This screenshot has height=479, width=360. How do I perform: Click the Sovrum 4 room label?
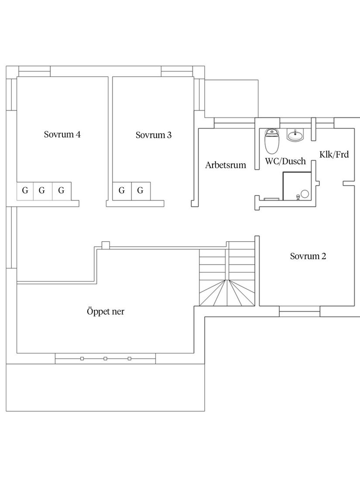click(62, 134)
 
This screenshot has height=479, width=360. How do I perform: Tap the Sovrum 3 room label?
click(154, 135)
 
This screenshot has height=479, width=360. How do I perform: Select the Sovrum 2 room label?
click(308, 256)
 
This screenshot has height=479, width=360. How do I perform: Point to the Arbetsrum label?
click(226, 165)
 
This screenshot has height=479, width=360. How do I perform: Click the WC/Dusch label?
click(285, 161)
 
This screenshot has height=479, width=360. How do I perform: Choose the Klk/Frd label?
click(334, 154)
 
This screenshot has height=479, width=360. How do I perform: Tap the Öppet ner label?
click(106, 311)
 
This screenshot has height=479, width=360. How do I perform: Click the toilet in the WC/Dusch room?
click(272, 141)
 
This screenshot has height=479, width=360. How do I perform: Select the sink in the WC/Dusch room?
click(295, 135)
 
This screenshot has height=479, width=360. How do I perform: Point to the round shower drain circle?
click(305, 193)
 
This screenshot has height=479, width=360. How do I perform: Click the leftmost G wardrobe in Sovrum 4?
click(25, 191)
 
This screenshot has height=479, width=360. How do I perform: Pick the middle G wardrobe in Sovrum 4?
click(42, 191)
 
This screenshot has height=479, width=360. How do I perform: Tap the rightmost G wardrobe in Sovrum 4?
click(62, 191)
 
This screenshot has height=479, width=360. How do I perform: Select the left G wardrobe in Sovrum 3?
click(122, 191)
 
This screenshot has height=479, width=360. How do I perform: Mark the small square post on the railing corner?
click(106, 245)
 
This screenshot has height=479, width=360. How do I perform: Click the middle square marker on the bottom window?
click(105, 358)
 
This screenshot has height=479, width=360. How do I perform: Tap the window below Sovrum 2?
click(299, 311)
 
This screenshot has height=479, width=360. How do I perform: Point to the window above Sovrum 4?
click(34, 71)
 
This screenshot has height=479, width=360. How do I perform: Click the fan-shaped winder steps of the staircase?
click(227, 293)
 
